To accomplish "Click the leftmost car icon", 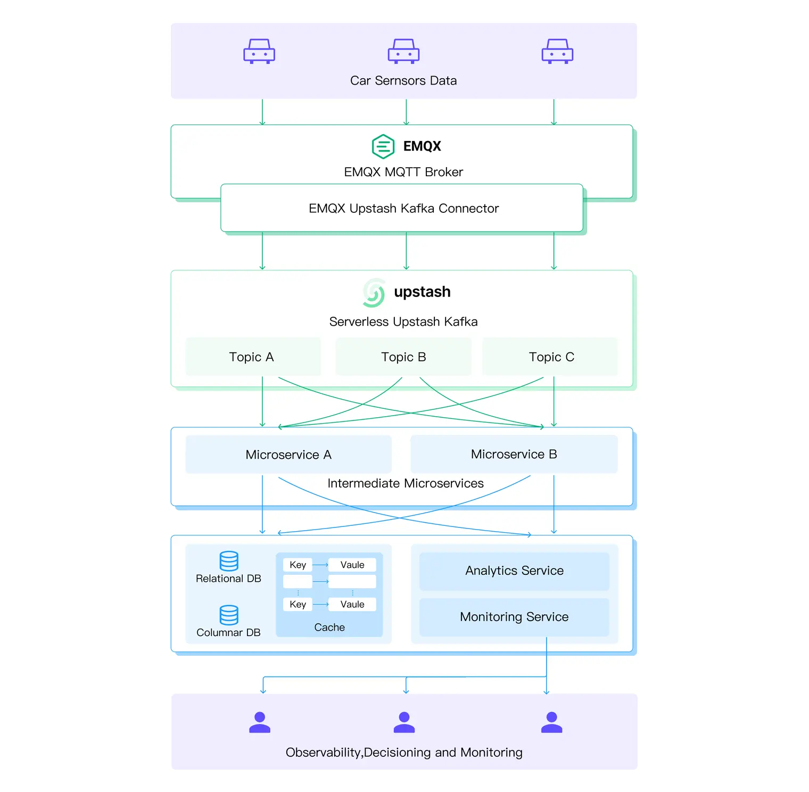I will (259, 52).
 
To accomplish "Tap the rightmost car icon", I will (557, 52).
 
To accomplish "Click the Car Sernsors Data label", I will (403, 81).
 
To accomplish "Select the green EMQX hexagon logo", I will (383, 146).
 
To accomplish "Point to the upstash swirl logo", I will (374, 293).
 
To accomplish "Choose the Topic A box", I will (253, 357).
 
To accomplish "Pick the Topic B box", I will (403, 357).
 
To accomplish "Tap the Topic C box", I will (550, 357).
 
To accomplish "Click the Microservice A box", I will (288, 455).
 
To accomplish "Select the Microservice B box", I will (514, 454).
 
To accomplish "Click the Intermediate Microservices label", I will (405, 483).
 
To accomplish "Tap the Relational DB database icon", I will (229, 561).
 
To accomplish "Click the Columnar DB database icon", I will (229, 615).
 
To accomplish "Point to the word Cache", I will (329, 628).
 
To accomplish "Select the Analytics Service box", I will (514, 571).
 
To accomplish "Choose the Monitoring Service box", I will (514, 617).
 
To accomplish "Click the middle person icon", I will (404, 723).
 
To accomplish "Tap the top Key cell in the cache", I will (298, 565).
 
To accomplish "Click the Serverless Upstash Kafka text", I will (403, 322).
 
